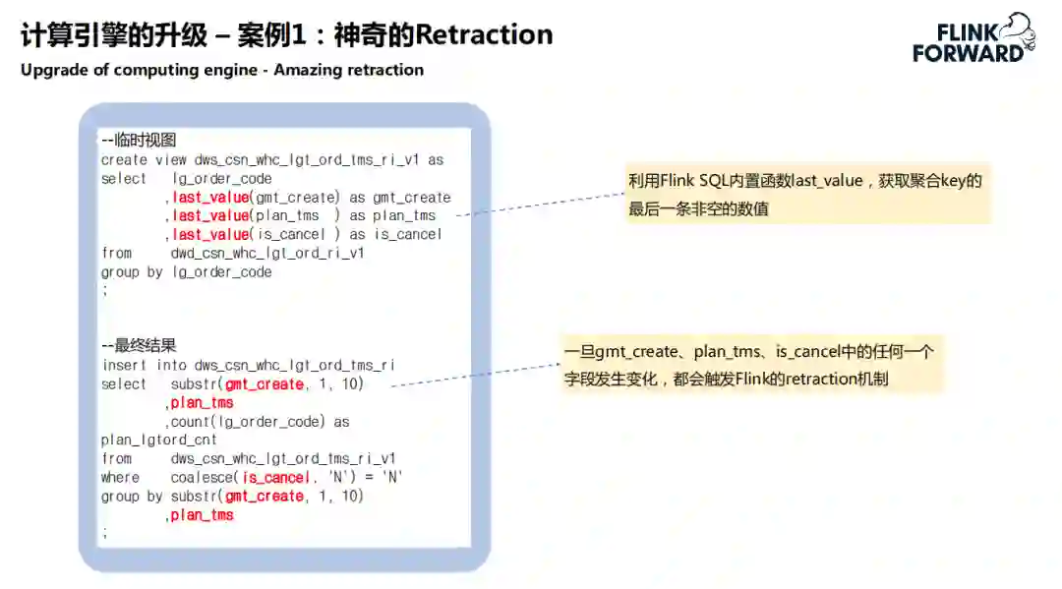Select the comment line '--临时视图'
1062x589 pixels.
coord(138,141)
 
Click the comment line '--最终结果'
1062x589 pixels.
coord(139,346)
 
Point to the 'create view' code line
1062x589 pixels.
coord(272,159)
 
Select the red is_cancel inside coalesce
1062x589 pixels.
coord(275,478)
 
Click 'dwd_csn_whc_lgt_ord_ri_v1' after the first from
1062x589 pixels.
coord(266,253)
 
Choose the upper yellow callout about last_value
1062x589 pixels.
coord(806,194)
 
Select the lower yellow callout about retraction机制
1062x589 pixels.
coord(752,365)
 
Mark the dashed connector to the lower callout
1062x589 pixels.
coord(477,377)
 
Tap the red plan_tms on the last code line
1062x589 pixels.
coord(202,515)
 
